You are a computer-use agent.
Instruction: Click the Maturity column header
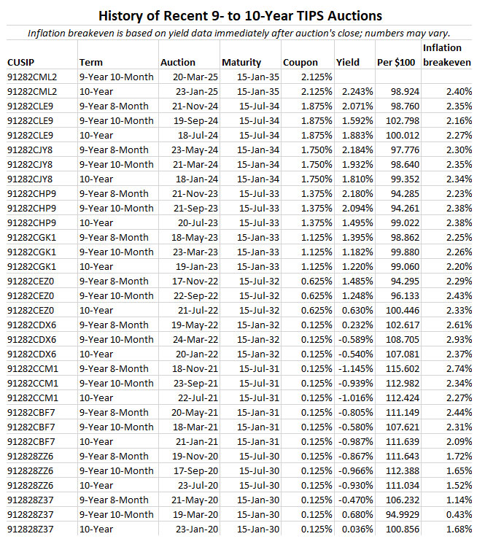241,63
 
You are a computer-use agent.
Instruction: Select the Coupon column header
300,63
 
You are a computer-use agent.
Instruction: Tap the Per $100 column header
397,63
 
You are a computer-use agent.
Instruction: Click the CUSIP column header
22,63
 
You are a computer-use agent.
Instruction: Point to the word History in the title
125,15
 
